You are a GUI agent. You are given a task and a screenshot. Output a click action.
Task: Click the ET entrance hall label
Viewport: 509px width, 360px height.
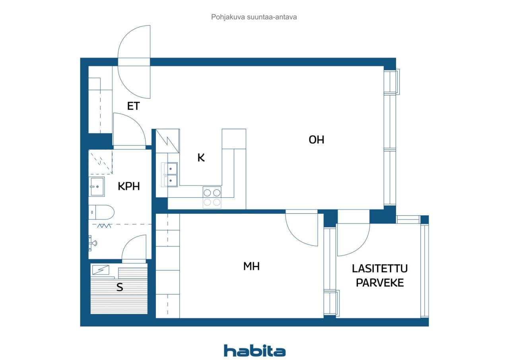pyautogui.click(x=133, y=106)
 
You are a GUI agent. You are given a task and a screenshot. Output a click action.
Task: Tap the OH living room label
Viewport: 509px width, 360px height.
pyautogui.click(x=316, y=139)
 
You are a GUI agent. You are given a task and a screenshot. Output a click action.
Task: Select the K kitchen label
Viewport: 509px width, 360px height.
pyautogui.click(x=201, y=157)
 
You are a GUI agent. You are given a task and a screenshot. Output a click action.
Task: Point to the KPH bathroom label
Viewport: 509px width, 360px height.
pyautogui.click(x=128, y=186)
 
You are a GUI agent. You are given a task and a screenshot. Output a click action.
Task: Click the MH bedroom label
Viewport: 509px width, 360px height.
pyautogui.click(x=251, y=266)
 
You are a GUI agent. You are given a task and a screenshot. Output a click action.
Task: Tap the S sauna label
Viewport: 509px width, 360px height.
pyautogui.click(x=120, y=287)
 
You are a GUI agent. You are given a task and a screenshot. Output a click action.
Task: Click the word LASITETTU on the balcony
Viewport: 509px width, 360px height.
pyautogui.click(x=380, y=269)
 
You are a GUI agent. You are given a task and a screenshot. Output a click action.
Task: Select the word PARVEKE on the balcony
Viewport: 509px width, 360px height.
pyautogui.click(x=380, y=283)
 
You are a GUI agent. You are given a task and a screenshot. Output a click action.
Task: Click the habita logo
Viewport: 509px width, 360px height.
pyautogui.click(x=254, y=351)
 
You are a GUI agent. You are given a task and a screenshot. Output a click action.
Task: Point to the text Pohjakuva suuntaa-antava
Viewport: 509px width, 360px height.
pyautogui.click(x=254, y=17)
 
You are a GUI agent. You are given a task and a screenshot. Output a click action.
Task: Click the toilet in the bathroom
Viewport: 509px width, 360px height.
pyautogui.click(x=101, y=212)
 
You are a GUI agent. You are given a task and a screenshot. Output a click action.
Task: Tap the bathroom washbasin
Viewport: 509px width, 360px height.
pyautogui.click(x=97, y=187)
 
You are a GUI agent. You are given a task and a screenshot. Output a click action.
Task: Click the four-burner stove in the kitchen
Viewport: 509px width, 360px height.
pyautogui.click(x=212, y=197)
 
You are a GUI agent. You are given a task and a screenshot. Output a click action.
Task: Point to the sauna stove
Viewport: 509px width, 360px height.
pyautogui.click(x=101, y=270)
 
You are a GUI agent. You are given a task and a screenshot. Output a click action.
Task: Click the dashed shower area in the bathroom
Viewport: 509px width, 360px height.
pyautogui.click(x=101, y=162)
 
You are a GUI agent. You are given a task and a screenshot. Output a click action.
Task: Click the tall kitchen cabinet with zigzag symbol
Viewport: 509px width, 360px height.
pyautogui.click(x=168, y=141)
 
